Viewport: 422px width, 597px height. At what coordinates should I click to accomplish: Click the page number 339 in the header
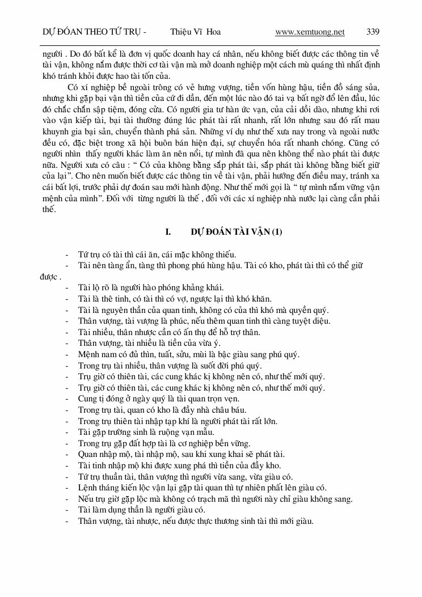click(373, 32)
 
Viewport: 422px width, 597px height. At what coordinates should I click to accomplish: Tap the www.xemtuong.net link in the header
click(310, 32)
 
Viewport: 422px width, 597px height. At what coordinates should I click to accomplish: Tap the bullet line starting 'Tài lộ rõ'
click(151, 287)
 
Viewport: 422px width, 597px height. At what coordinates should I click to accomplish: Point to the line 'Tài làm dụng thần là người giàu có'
click(141, 510)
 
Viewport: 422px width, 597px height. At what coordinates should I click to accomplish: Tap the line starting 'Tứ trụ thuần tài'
click(185, 476)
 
